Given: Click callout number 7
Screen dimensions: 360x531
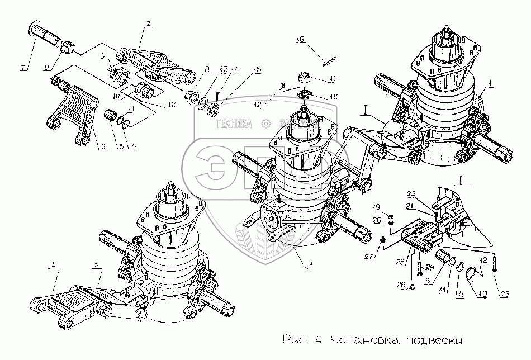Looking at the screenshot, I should (22, 69).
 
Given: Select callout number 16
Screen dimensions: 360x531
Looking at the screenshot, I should (300, 40).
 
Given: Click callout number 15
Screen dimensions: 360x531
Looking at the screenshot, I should (258, 70).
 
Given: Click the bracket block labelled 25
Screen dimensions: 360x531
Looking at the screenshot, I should (417, 235).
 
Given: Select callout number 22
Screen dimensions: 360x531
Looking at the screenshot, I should (426, 194).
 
